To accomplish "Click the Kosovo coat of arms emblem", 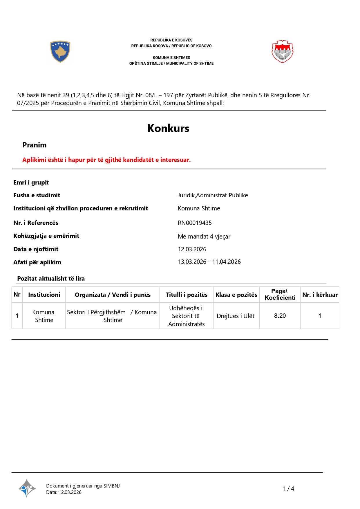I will [60, 52].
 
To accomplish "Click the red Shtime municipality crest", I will [282, 52].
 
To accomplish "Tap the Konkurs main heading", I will [168, 128].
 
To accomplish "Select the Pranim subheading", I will [35, 145].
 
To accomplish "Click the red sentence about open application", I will [106, 160].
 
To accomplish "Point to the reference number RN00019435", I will [195, 223].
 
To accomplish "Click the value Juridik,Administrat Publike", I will [213, 195].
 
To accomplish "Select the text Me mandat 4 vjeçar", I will [204, 237].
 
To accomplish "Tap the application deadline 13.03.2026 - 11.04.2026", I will [209, 262].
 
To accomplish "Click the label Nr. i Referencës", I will [36, 223].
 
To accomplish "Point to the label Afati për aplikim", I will [37, 262].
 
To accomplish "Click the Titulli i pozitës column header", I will [186, 295].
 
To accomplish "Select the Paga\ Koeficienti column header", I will [280, 294].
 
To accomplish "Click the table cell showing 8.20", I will [280, 316].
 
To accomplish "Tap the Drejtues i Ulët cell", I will [236, 316].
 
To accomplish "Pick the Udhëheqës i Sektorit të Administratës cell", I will [186, 316].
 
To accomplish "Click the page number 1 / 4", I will [288, 489].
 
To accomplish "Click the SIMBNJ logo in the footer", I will [27, 488].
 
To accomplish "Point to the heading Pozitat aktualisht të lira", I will [51, 279].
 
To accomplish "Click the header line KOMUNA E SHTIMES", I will [171, 58].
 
